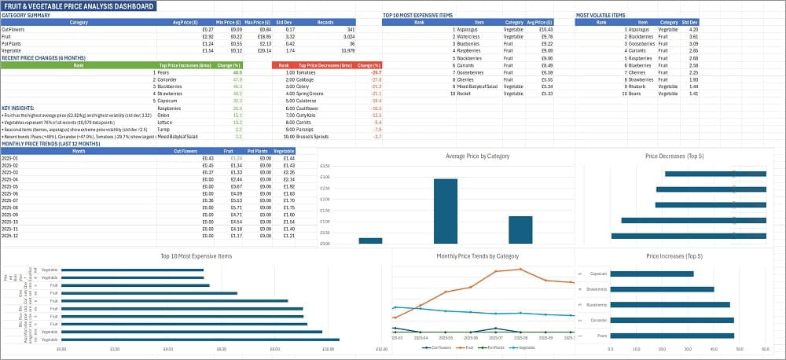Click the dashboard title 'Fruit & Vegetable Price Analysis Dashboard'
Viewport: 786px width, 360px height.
point(79,6)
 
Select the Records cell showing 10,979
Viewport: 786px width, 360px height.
point(346,50)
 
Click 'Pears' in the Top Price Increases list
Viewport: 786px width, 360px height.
point(165,72)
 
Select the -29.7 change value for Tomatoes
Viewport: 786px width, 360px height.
point(376,72)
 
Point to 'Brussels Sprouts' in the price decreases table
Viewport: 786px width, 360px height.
point(312,137)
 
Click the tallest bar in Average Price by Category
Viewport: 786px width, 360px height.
point(445,211)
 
